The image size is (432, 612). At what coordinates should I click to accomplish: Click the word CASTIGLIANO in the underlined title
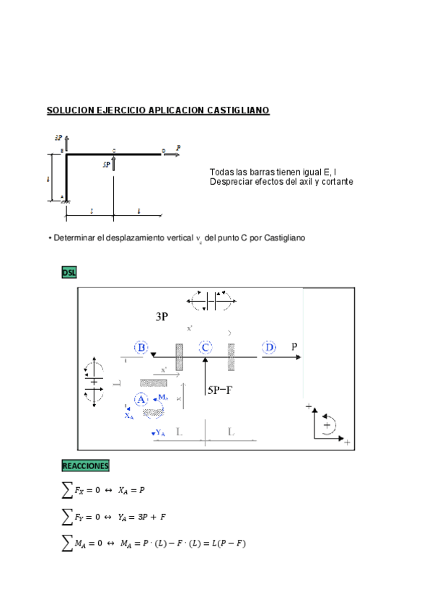(x=238, y=110)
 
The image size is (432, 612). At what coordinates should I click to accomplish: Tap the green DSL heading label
(x=69, y=272)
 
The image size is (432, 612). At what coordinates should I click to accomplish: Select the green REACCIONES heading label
(x=85, y=465)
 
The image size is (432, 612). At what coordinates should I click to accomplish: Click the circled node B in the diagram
(x=141, y=348)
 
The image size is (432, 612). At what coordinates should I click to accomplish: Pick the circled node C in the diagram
(x=206, y=348)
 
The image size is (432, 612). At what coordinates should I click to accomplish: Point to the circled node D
(x=269, y=348)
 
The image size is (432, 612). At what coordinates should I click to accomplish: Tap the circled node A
(x=141, y=399)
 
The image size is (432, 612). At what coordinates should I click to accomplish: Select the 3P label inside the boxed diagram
(x=163, y=317)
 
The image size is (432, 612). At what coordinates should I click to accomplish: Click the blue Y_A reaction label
(x=160, y=433)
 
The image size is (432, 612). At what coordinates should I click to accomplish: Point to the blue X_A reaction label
(x=128, y=416)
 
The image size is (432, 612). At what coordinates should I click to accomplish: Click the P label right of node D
(x=294, y=347)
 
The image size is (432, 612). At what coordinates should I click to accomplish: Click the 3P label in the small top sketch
(x=58, y=137)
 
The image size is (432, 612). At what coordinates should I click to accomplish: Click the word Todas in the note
(x=221, y=172)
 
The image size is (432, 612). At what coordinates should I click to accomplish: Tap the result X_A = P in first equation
(x=131, y=490)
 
